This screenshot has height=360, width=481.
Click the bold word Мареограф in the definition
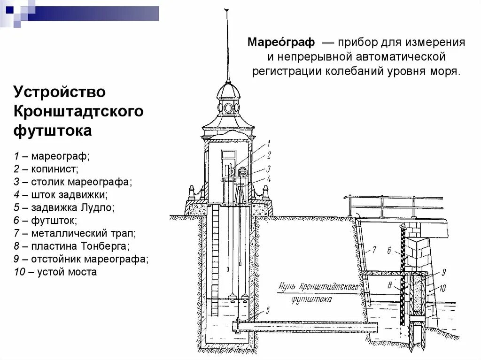click(x=281, y=43)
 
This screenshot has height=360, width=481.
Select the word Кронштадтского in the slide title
click(x=78, y=111)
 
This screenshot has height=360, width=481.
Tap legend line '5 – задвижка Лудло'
click(x=64, y=207)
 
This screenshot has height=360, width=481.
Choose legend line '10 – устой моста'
click(x=55, y=272)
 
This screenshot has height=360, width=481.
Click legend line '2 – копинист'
click(x=46, y=168)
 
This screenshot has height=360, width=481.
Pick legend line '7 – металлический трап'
click(x=75, y=233)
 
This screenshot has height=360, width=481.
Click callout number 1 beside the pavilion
click(x=269, y=144)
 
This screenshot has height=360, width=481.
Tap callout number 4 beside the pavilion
click(x=269, y=179)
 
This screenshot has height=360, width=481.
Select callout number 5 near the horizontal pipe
click(x=267, y=310)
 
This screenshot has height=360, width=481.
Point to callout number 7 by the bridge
click(x=374, y=250)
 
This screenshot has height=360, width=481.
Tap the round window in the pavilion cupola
click(x=228, y=107)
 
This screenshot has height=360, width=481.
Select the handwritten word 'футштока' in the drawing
click(x=311, y=299)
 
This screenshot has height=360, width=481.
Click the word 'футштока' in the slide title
click(x=52, y=131)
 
